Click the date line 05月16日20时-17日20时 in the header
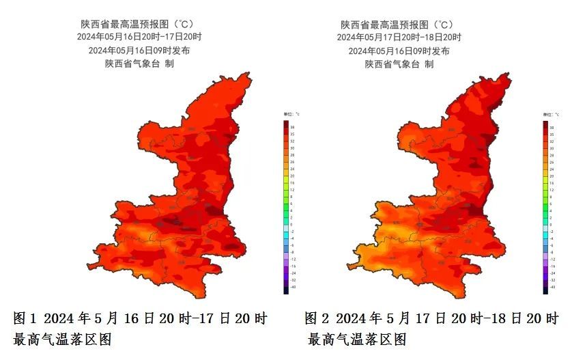139,37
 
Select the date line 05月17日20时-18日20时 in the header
399,37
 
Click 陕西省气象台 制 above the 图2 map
399,64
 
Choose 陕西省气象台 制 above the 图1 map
139,64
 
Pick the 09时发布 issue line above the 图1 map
139,51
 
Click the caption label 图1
25,318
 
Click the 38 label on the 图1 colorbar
293,127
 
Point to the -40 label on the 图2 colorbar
552,288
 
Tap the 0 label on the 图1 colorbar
292,225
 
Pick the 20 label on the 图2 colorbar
552,176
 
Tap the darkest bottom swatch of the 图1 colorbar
285,290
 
